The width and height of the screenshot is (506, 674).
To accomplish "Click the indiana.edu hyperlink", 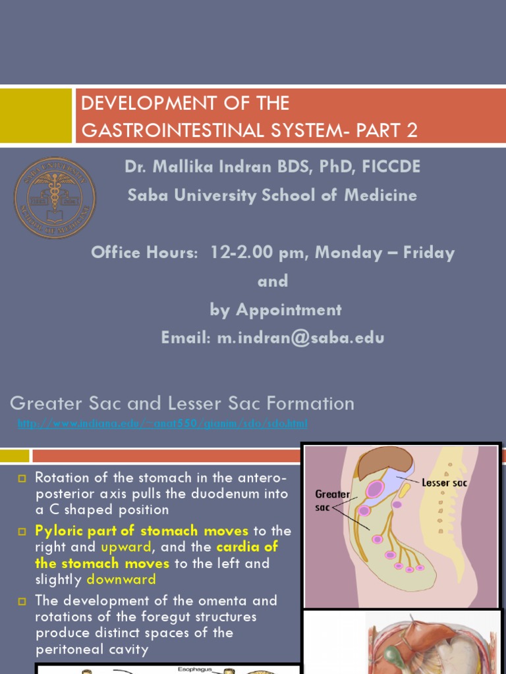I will pos(162,423).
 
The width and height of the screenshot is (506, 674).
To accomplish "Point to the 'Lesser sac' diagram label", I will pos(445,482).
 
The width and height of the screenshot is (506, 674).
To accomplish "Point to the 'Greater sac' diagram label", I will pos(332,500).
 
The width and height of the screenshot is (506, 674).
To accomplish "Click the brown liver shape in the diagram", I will pos(385,465).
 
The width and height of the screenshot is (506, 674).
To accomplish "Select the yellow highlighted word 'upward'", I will pos(126,547).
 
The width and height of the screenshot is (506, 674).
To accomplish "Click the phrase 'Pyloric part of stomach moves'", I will pos(142,531).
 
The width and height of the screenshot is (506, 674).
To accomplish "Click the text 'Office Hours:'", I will pos(144,253).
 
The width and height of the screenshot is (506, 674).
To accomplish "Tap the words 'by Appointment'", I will pos(275,309).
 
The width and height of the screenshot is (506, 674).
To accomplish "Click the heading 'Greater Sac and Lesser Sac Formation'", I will pos(182,403).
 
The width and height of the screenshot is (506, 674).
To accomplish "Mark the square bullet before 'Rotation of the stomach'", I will pos(22,477).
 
